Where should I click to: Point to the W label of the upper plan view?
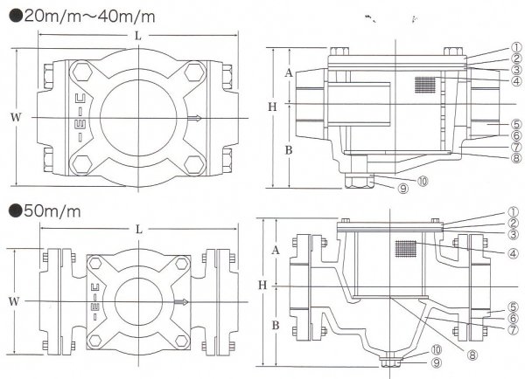click(11, 116)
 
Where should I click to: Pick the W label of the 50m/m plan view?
click(11, 301)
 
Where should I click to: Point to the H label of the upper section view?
click(272, 106)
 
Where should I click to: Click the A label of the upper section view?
click(290, 73)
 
